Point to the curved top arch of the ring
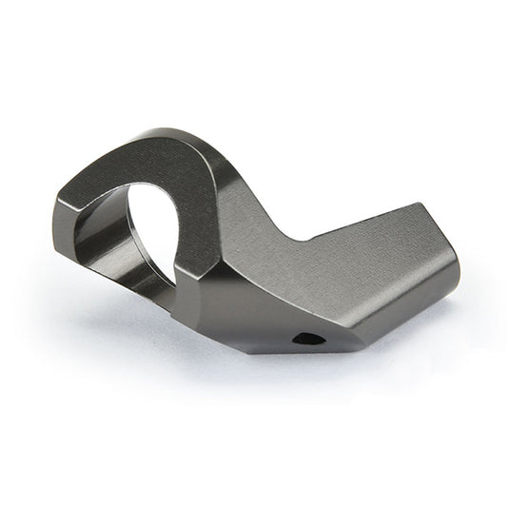click(143, 157)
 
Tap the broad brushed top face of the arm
click(361, 247)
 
